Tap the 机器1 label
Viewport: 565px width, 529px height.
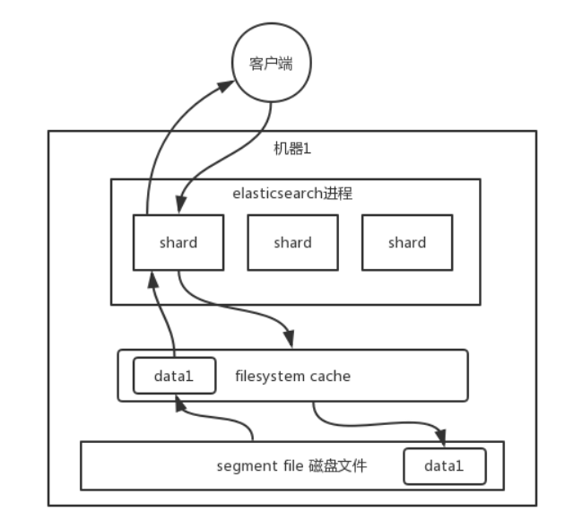coord(291,148)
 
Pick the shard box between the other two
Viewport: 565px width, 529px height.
coord(292,242)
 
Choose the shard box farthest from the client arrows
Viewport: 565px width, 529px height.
coord(407,242)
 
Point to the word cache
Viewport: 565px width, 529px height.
coord(332,376)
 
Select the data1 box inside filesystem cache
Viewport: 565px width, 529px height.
coord(173,377)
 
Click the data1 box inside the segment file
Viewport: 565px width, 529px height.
coord(443,466)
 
